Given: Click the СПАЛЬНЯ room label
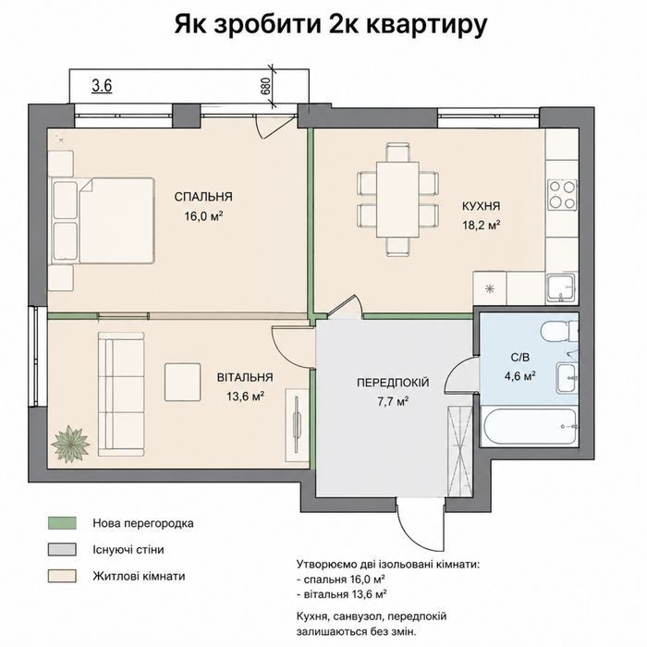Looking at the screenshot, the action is (203, 197).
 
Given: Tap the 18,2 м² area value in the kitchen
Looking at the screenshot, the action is (482, 226).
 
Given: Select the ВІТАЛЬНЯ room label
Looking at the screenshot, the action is (245, 377).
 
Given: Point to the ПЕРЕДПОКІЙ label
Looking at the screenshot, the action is (393, 383).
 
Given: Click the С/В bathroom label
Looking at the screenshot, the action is (519, 358).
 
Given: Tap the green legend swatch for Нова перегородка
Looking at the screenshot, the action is (62, 523).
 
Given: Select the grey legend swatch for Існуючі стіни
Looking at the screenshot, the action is (62, 550).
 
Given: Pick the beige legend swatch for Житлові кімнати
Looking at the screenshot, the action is (62, 576).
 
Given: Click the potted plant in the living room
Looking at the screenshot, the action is (70, 445).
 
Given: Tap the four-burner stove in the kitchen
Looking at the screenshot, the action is (562, 195).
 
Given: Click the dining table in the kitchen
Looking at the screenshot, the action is (397, 200).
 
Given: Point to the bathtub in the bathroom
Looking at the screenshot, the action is (530, 427).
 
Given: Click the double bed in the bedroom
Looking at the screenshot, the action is (103, 221).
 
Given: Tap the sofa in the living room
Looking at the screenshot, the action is (121, 394).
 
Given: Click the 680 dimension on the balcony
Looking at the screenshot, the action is (266, 86).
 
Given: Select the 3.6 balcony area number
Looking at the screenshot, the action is (102, 86).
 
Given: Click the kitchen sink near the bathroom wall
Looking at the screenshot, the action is (561, 287).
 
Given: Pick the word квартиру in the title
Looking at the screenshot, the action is (427, 26).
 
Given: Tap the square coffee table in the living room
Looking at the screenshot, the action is (183, 382).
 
